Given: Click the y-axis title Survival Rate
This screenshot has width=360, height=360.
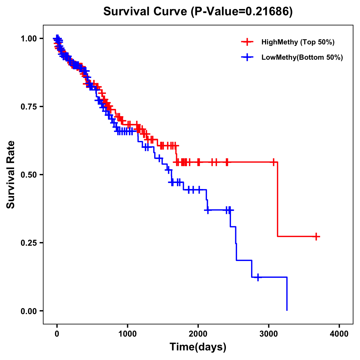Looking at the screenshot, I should (11, 174).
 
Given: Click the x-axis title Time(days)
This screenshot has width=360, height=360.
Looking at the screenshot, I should (198, 347).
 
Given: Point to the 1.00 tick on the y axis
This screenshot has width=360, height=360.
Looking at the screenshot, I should (28, 38).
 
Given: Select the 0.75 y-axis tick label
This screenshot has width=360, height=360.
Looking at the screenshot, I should (28, 106).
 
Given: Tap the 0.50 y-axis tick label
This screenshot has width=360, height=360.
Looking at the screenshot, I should (28, 175).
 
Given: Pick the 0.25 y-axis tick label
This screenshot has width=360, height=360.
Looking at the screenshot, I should (28, 243).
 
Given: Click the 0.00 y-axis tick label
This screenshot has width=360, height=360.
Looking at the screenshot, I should (28, 311).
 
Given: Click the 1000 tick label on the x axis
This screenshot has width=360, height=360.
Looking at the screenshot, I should (127, 334).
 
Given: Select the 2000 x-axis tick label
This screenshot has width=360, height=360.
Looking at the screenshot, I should (198, 334).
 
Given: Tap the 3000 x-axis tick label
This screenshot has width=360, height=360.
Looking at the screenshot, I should (269, 334).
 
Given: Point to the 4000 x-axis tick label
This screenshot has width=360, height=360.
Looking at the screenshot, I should (339, 334).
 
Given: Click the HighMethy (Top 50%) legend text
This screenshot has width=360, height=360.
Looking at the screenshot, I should (298, 42).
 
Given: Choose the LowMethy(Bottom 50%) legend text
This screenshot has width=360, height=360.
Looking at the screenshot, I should (302, 57).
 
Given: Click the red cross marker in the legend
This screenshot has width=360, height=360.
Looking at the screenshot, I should (247, 42).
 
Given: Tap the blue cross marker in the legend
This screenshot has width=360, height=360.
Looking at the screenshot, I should (247, 57).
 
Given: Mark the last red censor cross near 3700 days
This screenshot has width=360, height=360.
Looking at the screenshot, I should (316, 236).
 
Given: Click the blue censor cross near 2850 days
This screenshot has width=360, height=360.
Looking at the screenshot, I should (258, 277).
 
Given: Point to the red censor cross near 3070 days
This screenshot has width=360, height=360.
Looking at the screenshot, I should (273, 162).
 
